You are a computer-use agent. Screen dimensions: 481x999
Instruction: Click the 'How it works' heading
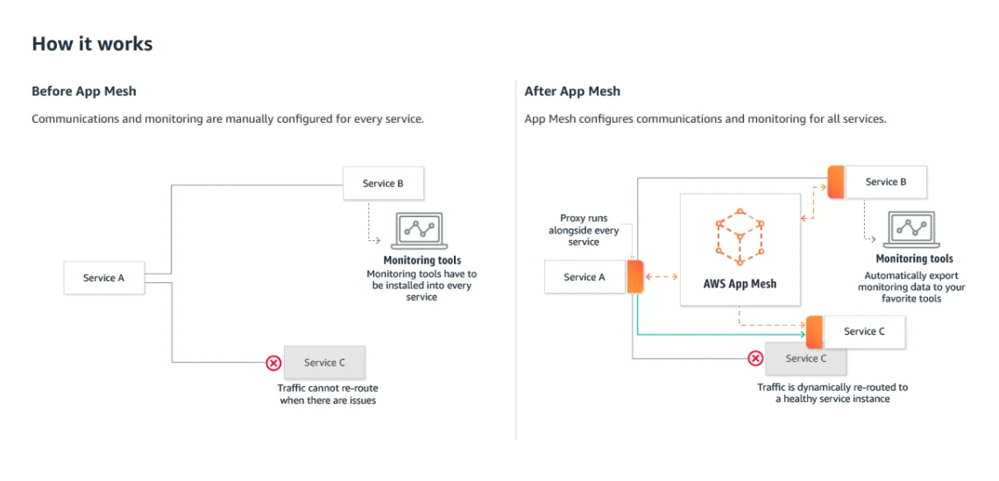coord(92,44)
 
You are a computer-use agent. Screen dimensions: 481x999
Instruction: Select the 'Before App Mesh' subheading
coord(84,91)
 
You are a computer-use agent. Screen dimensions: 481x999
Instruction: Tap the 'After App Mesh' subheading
coord(572,91)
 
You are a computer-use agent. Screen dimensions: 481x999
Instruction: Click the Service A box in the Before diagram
coord(103,278)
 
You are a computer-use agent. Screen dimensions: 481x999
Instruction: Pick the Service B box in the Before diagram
coord(383,183)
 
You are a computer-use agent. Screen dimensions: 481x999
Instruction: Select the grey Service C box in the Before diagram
coord(324,363)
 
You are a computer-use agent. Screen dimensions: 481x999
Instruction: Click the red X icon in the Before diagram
coord(273,363)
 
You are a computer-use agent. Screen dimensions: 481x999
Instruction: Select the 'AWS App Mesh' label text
coord(740,284)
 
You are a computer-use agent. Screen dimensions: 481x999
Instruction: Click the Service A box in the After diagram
coord(585,277)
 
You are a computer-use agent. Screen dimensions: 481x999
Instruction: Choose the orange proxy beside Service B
coord(835,182)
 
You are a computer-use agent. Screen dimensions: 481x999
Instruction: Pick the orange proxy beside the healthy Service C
coord(814,332)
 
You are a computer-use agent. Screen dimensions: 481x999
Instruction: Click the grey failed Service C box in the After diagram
coord(806,358)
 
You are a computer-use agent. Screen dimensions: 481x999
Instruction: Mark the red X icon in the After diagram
coord(755,358)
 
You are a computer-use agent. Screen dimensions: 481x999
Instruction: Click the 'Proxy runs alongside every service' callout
coord(584,230)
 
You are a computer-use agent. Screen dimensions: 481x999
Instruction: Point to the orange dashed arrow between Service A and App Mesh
coord(662,277)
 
